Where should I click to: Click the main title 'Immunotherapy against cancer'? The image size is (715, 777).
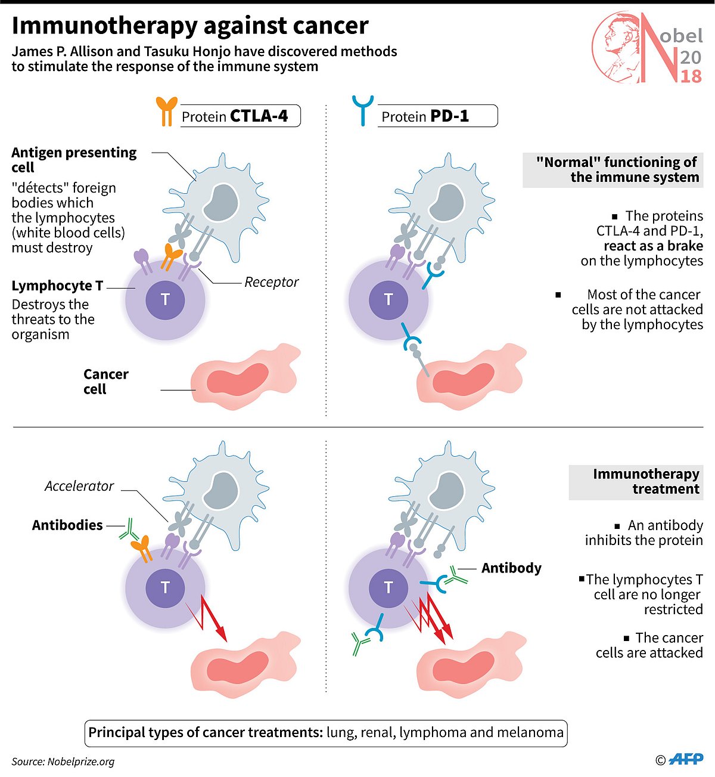190,26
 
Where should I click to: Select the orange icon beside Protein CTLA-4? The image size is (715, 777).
167,111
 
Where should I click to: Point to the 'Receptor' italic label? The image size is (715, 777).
271,282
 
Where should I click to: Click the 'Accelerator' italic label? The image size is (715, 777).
79,486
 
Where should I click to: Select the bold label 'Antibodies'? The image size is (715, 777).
67,525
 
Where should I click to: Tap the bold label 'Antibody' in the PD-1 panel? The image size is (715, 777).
511,568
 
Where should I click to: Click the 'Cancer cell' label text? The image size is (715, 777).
105,382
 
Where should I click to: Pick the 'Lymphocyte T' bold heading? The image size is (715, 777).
57,286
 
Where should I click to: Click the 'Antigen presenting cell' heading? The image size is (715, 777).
73,160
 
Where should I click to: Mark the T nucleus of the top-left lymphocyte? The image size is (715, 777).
165,299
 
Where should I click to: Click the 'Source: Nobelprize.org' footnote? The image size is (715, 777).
63,761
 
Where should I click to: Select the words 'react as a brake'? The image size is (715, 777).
653,246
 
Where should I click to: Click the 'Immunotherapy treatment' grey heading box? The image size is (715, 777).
636,482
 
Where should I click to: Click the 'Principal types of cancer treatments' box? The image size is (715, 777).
326,732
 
